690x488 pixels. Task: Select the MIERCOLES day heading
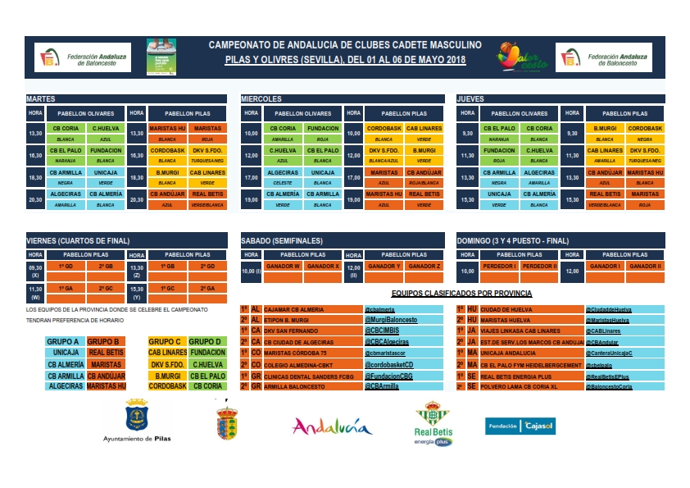[261, 98]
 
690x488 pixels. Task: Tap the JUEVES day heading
[471, 98]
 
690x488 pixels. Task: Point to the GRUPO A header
[64, 341]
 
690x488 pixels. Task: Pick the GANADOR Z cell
[424, 266]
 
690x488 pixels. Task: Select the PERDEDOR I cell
[500, 266]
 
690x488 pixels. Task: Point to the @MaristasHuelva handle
[606, 320]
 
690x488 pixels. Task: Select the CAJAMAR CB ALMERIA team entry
[296, 309]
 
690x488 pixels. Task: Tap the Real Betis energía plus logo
[433, 423]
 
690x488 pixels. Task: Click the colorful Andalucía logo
[332, 426]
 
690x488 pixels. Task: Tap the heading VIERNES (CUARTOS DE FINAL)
[78, 240]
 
